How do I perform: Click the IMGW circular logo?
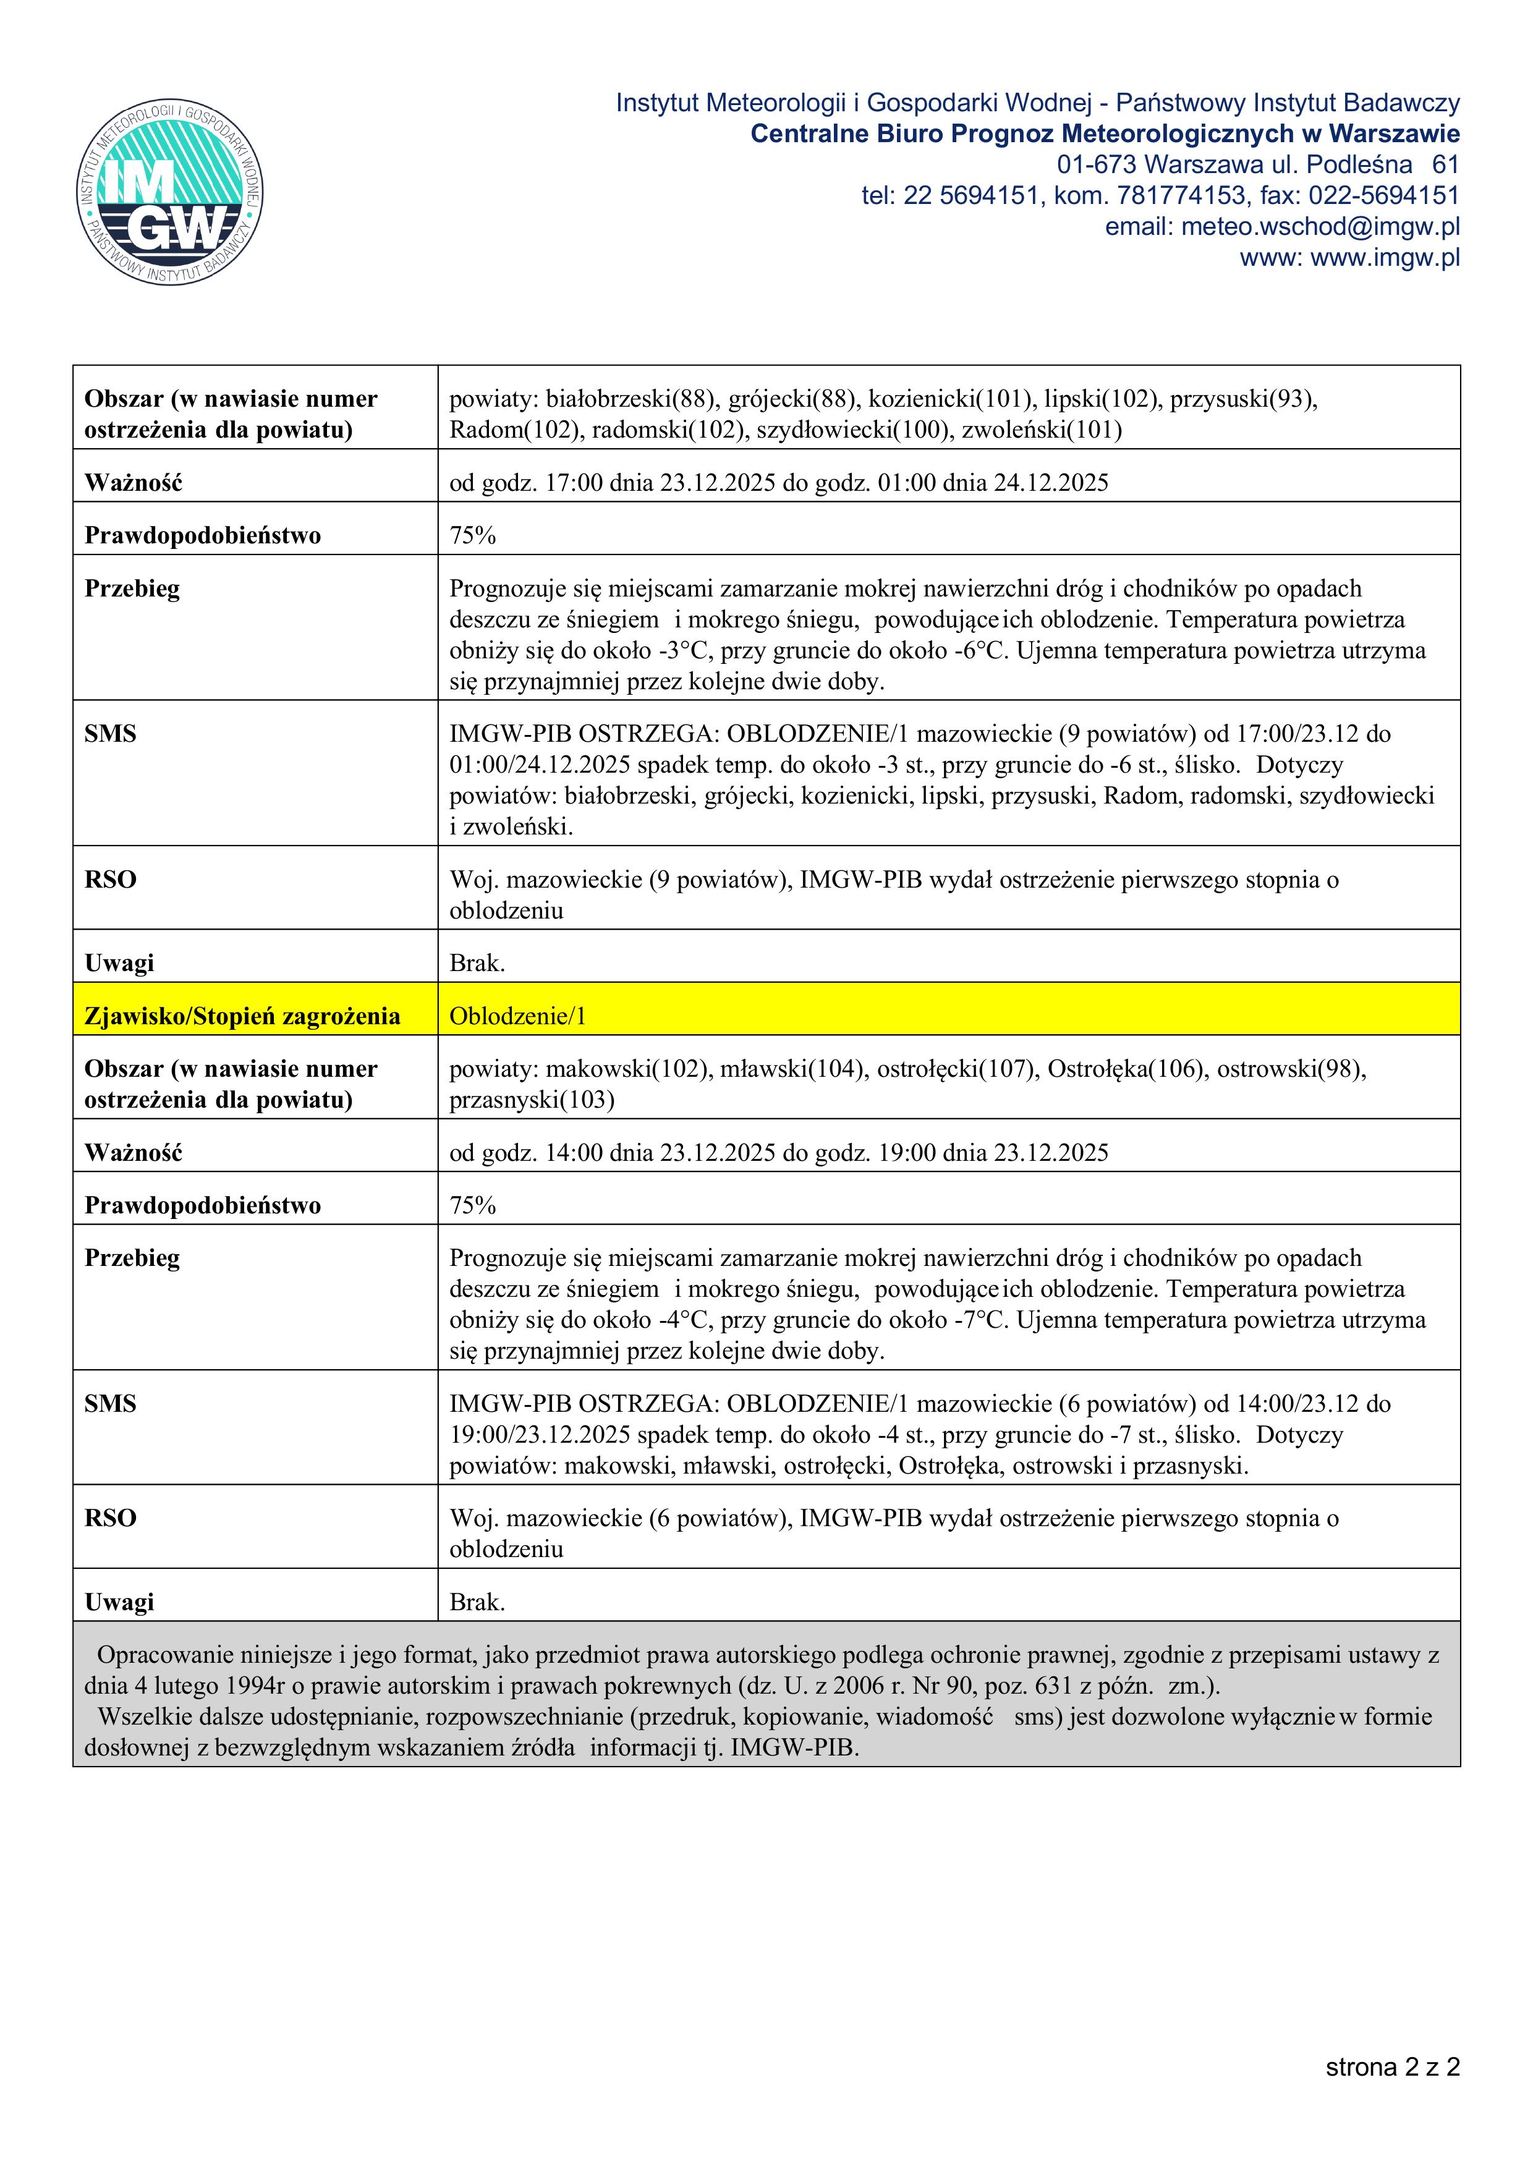point(170,193)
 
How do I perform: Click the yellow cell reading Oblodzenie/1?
point(517,1016)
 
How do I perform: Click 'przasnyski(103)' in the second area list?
point(532,1100)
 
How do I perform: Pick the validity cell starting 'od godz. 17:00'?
point(778,483)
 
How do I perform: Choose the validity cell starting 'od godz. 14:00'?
point(778,1153)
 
